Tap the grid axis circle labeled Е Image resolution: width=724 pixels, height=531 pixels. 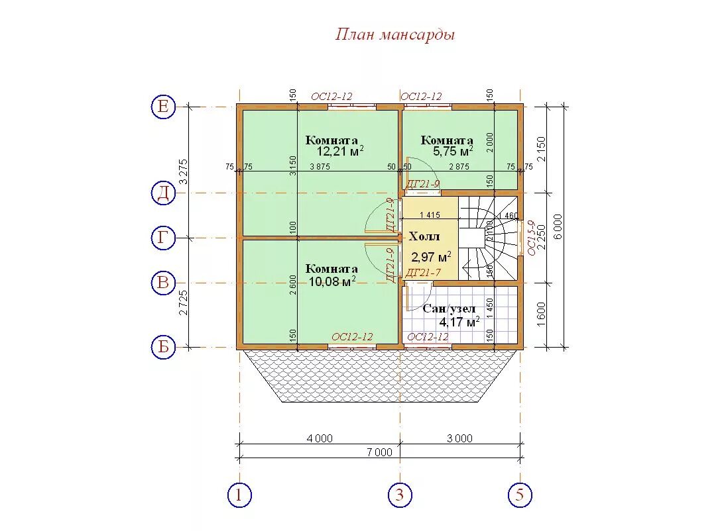[x=163, y=106]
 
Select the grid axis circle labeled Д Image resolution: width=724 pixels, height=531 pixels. [x=163, y=193]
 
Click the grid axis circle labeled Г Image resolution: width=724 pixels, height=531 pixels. [x=163, y=237]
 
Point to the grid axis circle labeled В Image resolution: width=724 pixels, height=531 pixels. [x=163, y=283]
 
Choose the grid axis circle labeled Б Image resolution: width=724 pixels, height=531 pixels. [x=163, y=347]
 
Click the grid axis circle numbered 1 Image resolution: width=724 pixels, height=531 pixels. [x=239, y=495]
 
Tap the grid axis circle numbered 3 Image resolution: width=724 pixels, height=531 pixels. [x=400, y=495]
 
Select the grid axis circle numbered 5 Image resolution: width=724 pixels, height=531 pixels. [x=520, y=495]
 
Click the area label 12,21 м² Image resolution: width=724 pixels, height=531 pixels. [x=339, y=152]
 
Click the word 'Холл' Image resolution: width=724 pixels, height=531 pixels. [x=424, y=237]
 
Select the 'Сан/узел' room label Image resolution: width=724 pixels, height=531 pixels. [x=449, y=309]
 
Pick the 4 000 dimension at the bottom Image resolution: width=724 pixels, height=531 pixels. [x=319, y=438]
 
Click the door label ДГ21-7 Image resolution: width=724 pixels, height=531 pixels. [x=422, y=273]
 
